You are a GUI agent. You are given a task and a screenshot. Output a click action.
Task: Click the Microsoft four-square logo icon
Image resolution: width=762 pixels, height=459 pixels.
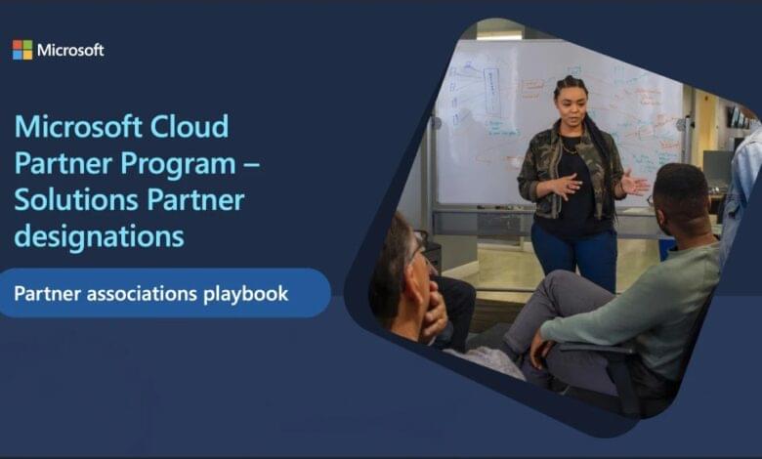tap(21, 50)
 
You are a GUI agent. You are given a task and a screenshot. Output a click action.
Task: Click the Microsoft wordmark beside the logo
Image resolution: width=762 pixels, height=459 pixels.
tap(70, 50)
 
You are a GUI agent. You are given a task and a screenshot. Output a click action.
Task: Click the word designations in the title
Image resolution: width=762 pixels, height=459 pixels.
tap(100, 235)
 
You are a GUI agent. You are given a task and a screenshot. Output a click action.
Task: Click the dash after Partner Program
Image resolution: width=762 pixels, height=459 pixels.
tap(251, 164)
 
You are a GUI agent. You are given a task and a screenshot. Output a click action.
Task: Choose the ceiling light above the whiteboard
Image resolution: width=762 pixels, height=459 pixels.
tap(499, 36)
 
